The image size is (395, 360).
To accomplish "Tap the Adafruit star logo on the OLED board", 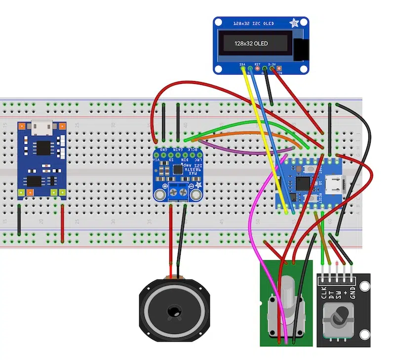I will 295,23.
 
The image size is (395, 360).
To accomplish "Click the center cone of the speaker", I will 173,311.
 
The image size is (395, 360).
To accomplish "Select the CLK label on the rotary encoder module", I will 323,292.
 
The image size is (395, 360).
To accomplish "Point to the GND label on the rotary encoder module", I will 352,292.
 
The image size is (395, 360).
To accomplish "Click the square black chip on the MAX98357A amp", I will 176,169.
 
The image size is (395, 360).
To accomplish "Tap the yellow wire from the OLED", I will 264,138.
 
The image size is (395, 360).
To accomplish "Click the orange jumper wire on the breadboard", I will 247,135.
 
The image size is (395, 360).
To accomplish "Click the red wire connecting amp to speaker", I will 171,237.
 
